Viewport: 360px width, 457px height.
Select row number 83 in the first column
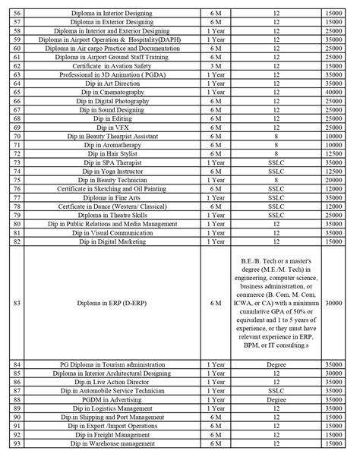(16, 301)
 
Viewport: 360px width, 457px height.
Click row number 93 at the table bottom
(16, 443)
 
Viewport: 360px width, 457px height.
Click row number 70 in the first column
(16, 137)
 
